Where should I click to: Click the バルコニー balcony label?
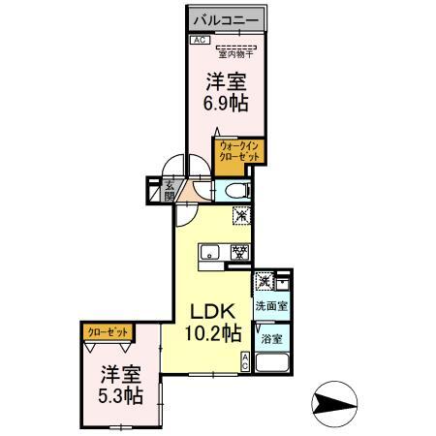tap(223, 18)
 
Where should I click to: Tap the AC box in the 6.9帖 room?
tap(198, 40)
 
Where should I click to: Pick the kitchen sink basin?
tap(210, 255)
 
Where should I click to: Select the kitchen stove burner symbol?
tap(236, 255)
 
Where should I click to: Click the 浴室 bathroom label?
tap(270, 339)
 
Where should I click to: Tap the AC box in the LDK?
tap(246, 362)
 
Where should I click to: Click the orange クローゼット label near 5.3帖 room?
tap(108, 332)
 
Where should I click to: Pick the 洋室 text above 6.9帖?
tap(224, 82)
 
